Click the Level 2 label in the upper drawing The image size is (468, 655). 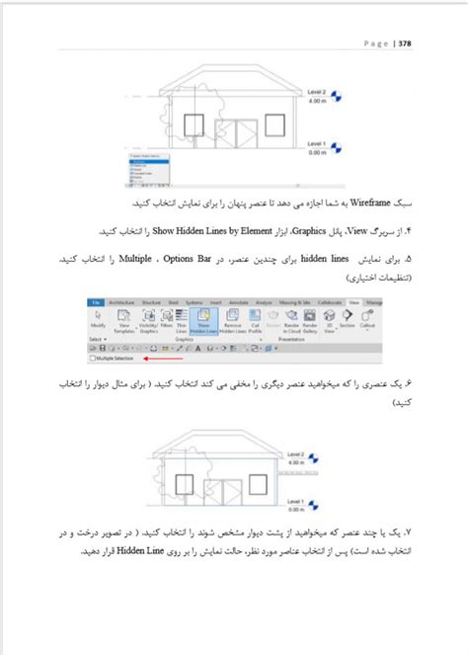(x=317, y=92)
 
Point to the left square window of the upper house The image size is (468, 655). (x=194, y=124)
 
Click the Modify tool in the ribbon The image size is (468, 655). (x=99, y=324)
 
